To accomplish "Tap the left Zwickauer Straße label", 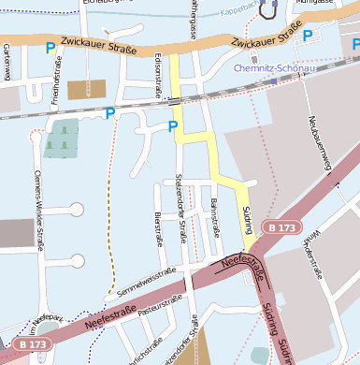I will [x=97, y=44].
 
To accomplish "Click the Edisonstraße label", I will [x=156, y=75].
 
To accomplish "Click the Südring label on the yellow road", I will [x=247, y=221].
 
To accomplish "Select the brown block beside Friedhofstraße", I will [x=86, y=89].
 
